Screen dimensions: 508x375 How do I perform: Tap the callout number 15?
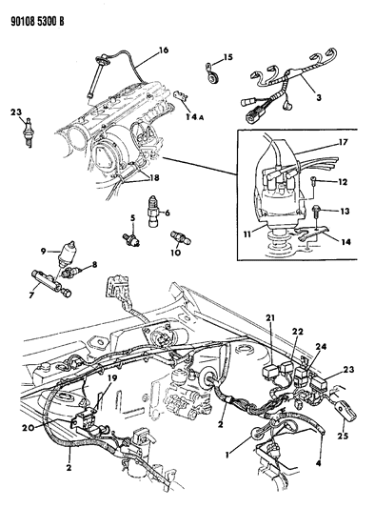tap(227, 58)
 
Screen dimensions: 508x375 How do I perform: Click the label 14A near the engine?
tap(196, 118)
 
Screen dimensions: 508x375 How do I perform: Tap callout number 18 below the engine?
tap(154, 177)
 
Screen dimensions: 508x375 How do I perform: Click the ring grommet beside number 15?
tap(210, 69)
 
